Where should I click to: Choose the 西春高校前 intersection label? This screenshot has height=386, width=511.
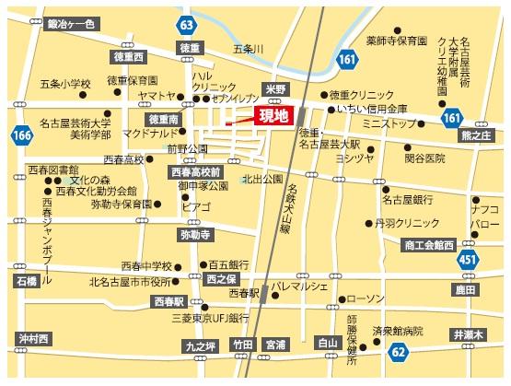(x=195, y=171)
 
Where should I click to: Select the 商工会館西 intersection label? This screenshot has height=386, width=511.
(x=428, y=245)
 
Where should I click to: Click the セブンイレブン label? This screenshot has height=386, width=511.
(x=235, y=97)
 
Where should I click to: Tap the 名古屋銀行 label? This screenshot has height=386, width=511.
(x=408, y=199)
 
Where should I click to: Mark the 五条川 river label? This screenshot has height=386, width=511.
(x=249, y=48)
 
